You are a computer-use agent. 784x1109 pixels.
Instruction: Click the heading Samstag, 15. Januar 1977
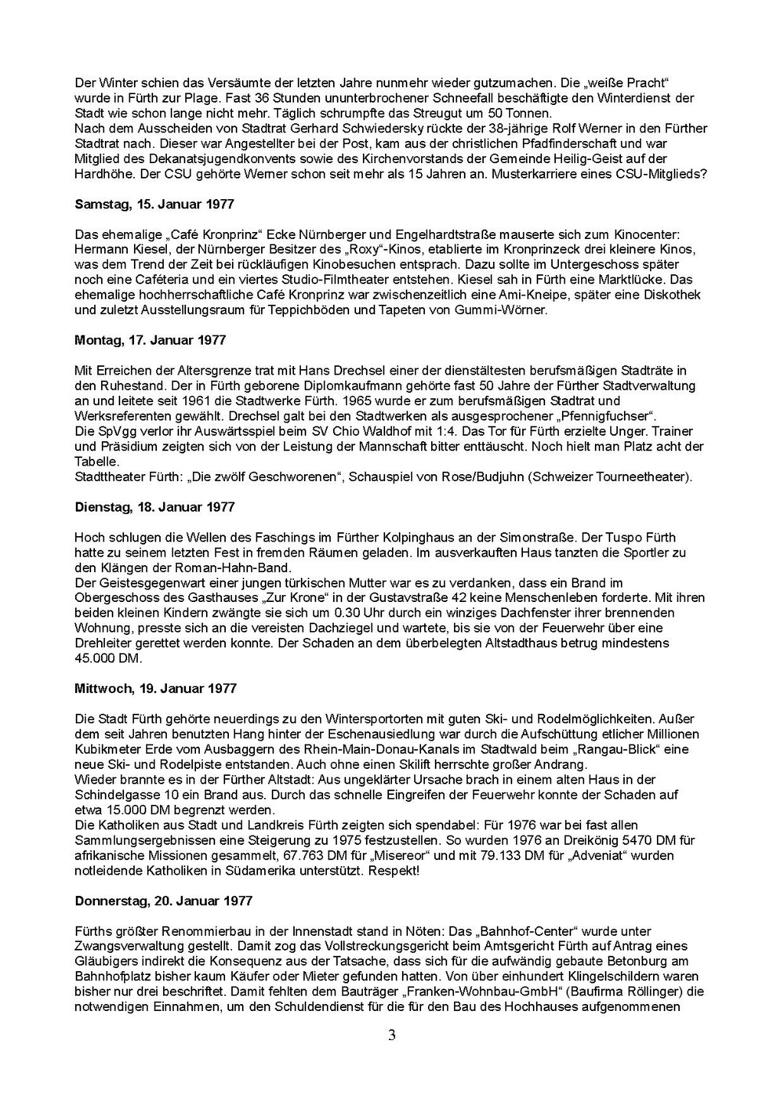[155, 204]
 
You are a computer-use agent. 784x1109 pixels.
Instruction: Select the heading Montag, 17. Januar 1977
[150, 340]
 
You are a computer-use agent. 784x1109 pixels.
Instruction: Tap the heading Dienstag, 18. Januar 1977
[155, 507]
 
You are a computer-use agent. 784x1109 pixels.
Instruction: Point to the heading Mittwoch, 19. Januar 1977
[155, 689]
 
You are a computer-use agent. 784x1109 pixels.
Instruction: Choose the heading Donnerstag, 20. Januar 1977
[163, 901]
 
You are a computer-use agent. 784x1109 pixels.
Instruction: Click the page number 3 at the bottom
[392, 1036]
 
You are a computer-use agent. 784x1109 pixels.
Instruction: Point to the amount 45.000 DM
[108, 658]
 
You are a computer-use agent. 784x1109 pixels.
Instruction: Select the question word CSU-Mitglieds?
[663, 174]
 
